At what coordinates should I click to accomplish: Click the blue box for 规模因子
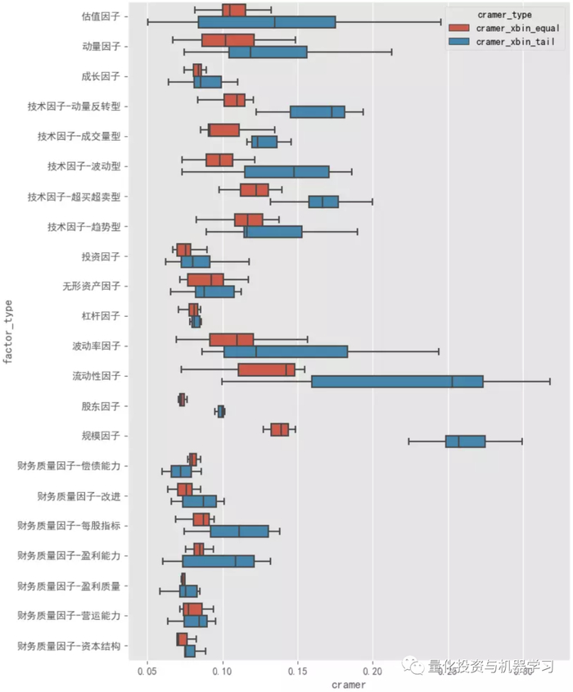pyautogui.click(x=465, y=441)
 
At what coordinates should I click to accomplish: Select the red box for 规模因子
pyautogui.click(x=280, y=430)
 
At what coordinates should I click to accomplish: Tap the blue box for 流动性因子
pyautogui.click(x=397, y=382)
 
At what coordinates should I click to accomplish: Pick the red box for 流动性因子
pyautogui.click(x=266, y=370)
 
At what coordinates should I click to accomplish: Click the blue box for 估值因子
pyautogui.click(x=267, y=22)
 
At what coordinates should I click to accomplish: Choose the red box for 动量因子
pyautogui.click(x=228, y=40)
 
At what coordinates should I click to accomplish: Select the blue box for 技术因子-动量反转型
pyautogui.click(x=318, y=111)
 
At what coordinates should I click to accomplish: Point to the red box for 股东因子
pyautogui.click(x=182, y=400)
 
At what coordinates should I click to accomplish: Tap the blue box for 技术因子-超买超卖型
pyautogui.click(x=323, y=201)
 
